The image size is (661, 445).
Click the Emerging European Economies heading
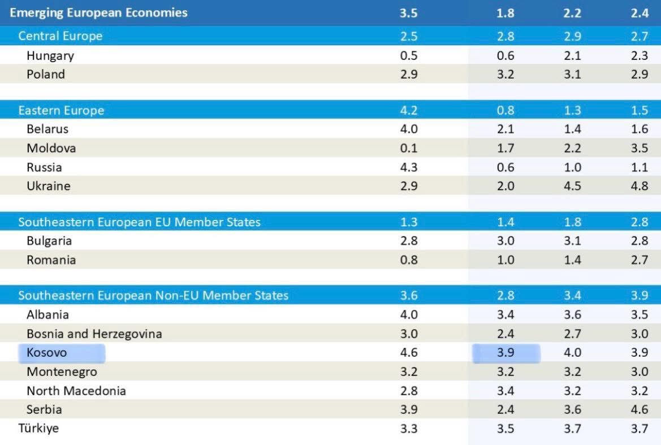pyautogui.click(x=98, y=12)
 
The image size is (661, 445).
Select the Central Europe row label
pyautogui.click(x=61, y=36)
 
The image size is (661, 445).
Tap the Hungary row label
pyautogui.click(x=50, y=56)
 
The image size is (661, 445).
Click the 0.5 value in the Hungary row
pyautogui.click(x=408, y=56)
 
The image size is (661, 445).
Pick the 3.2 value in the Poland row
pyautogui.click(x=505, y=74)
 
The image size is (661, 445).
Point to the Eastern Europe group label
pyautogui.click(x=61, y=110)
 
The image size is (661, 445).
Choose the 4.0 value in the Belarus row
pyautogui.click(x=408, y=129)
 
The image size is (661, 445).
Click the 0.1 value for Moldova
pyautogui.click(x=408, y=148)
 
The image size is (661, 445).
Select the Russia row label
pyautogui.click(x=44, y=167)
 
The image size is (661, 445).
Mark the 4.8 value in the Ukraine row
pyautogui.click(x=640, y=186)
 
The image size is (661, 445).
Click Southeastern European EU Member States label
pyautogui.click(x=139, y=222)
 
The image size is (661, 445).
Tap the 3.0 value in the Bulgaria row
pyautogui.click(x=505, y=241)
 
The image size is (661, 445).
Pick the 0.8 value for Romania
pyautogui.click(x=408, y=260)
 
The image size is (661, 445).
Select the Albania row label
pyautogui.click(x=47, y=314)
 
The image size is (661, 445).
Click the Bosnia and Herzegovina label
pyautogui.click(x=94, y=334)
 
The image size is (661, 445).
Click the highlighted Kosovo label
pyautogui.click(x=46, y=353)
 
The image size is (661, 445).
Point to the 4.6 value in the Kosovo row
pyautogui.click(x=408, y=353)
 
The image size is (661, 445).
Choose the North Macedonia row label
pyautogui.click(x=76, y=391)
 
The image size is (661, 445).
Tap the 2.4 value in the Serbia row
pyautogui.click(x=505, y=409)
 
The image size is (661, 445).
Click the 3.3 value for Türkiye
pyautogui.click(x=408, y=429)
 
